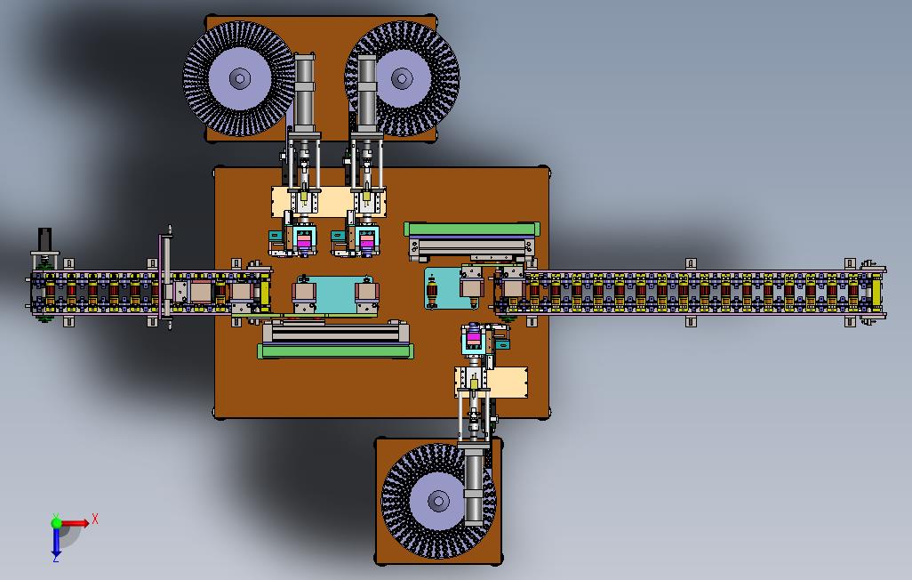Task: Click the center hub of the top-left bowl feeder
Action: [240, 78]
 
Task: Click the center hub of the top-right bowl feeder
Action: [402, 78]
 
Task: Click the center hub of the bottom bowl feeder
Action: [438, 501]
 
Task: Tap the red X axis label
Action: [95, 519]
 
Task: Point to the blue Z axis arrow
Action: [56, 542]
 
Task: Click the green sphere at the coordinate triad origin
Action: [56, 522]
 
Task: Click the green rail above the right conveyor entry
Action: [472, 229]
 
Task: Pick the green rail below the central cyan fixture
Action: [336, 350]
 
